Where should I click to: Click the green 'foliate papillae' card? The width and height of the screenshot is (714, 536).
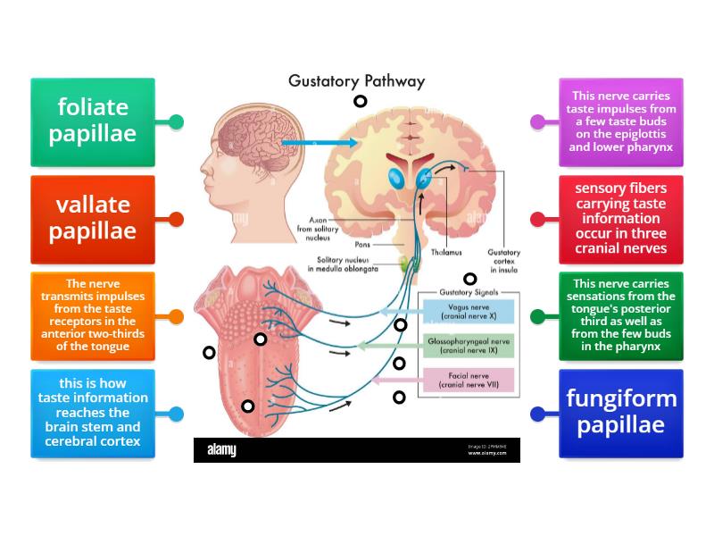pyautogui.click(x=93, y=121)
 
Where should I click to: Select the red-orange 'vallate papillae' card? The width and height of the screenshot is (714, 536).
pyautogui.click(x=93, y=219)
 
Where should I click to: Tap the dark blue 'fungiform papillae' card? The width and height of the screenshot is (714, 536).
pyautogui.click(x=621, y=413)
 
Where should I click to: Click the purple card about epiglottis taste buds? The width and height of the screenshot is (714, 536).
pyautogui.click(x=621, y=121)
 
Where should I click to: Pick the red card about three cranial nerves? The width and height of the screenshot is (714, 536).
pyautogui.click(x=621, y=219)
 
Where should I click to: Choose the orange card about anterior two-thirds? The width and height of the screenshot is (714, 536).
pyautogui.click(x=93, y=315)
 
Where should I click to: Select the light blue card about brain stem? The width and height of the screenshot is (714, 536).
pyautogui.click(x=93, y=413)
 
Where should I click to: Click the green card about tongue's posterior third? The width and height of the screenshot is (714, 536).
pyautogui.click(x=621, y=315)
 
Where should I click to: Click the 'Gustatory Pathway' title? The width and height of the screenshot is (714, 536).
pyautogui.click(x=356, y=81)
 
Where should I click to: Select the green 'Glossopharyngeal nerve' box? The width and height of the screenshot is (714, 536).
pyautogui.click(x=468, y=345)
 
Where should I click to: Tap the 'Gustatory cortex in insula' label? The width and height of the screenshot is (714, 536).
pyautogui.click(x=502, y=260)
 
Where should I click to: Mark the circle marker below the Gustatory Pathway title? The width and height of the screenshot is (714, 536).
pyautogui.click(x=360, y=102)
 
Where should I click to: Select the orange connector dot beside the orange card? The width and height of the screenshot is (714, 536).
pyautogui.click(x=176, y=316)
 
